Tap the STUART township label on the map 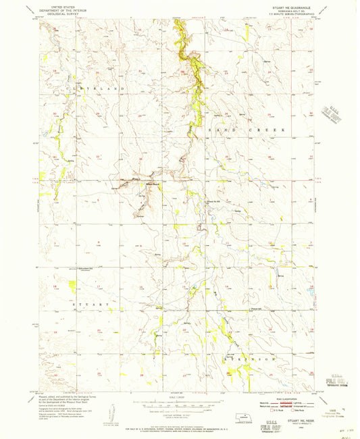tap(88, 305)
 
